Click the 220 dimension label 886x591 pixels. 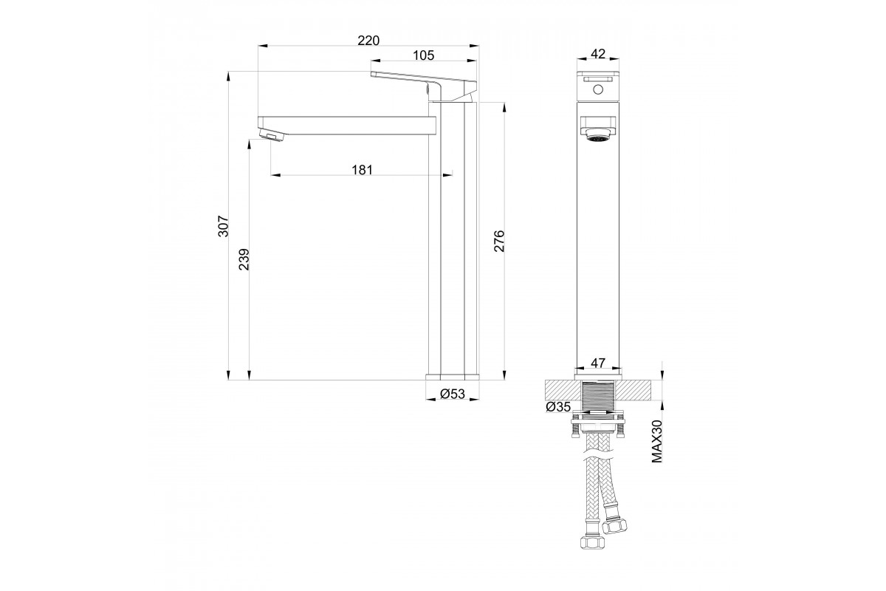368,41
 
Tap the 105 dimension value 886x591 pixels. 423,55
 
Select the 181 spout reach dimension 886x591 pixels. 362,170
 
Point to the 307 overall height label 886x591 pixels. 224,226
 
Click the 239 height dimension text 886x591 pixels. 244,259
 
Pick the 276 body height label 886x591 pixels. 499,241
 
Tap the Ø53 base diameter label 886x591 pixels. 452,394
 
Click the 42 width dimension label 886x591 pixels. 597,54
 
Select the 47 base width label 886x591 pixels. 597,363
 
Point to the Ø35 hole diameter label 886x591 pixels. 557,406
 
